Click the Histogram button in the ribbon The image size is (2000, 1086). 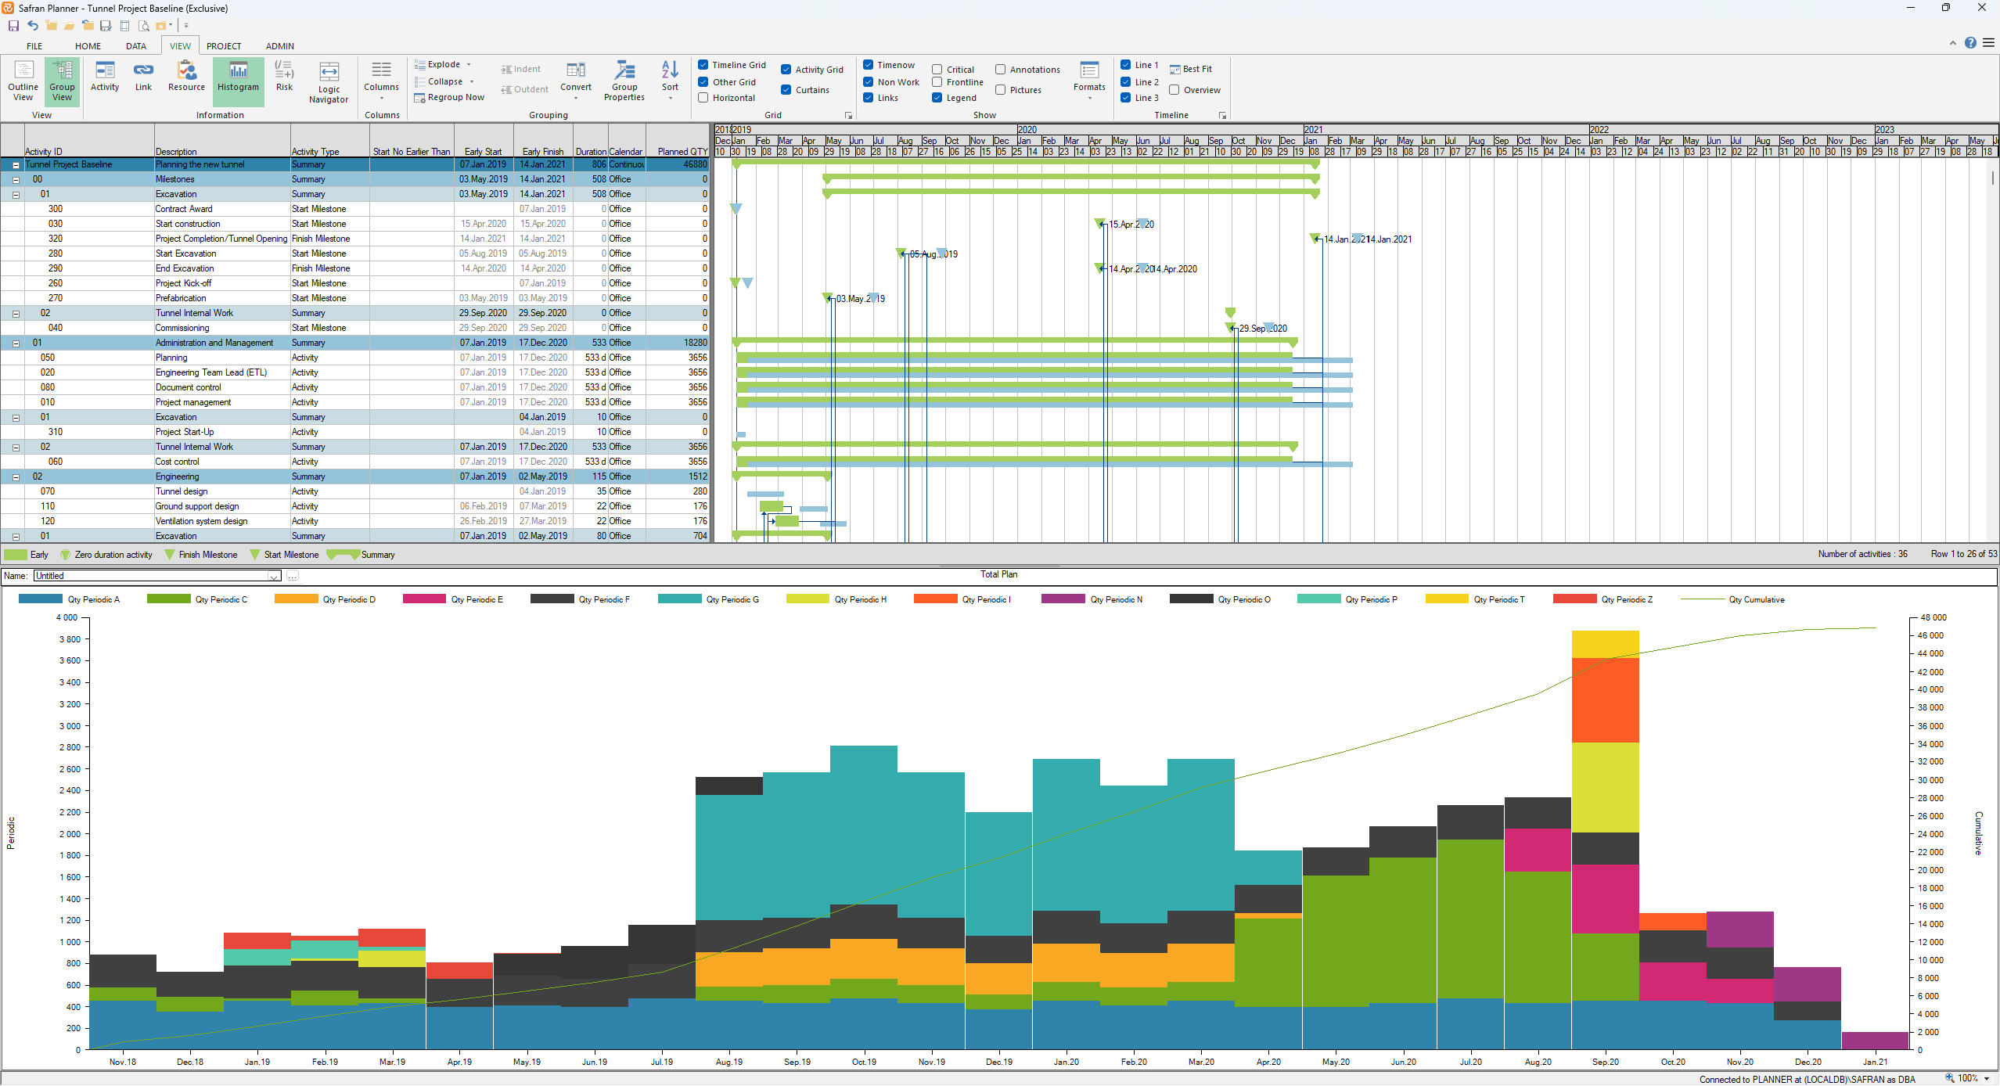[x=238, y=78]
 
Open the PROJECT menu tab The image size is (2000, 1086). [x=224, y=46]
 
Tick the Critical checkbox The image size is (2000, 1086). [x=937, y=70]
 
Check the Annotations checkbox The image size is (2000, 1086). [x=1001, y=70]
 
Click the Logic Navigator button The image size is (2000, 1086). [x=329, y=82]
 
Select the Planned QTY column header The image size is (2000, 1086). [x=682, y=152]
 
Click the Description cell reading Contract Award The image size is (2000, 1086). [x=184, y=209]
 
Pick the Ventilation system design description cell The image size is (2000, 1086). [x=201, y=521]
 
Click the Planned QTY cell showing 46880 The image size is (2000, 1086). [x=694, y=164]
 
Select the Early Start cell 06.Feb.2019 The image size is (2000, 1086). [x=483, y=506]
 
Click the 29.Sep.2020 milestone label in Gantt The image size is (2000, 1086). [x=1263, y=329]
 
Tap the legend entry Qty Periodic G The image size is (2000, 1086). [x=732, y=599]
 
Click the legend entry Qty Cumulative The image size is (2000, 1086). [x=1756, y=599]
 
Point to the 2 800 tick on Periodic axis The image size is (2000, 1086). [x=70, y=747]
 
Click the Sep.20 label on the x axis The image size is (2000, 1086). [x=1605, y=1062]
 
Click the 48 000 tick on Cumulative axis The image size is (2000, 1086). [x=1933, y=617]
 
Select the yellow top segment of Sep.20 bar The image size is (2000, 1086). [x=1605, y=644]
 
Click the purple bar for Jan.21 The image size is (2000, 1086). [x=1874, y=1040]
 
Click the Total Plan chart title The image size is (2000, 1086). [x=998, y=574]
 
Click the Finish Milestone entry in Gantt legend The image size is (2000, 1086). [x=207, y=555]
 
